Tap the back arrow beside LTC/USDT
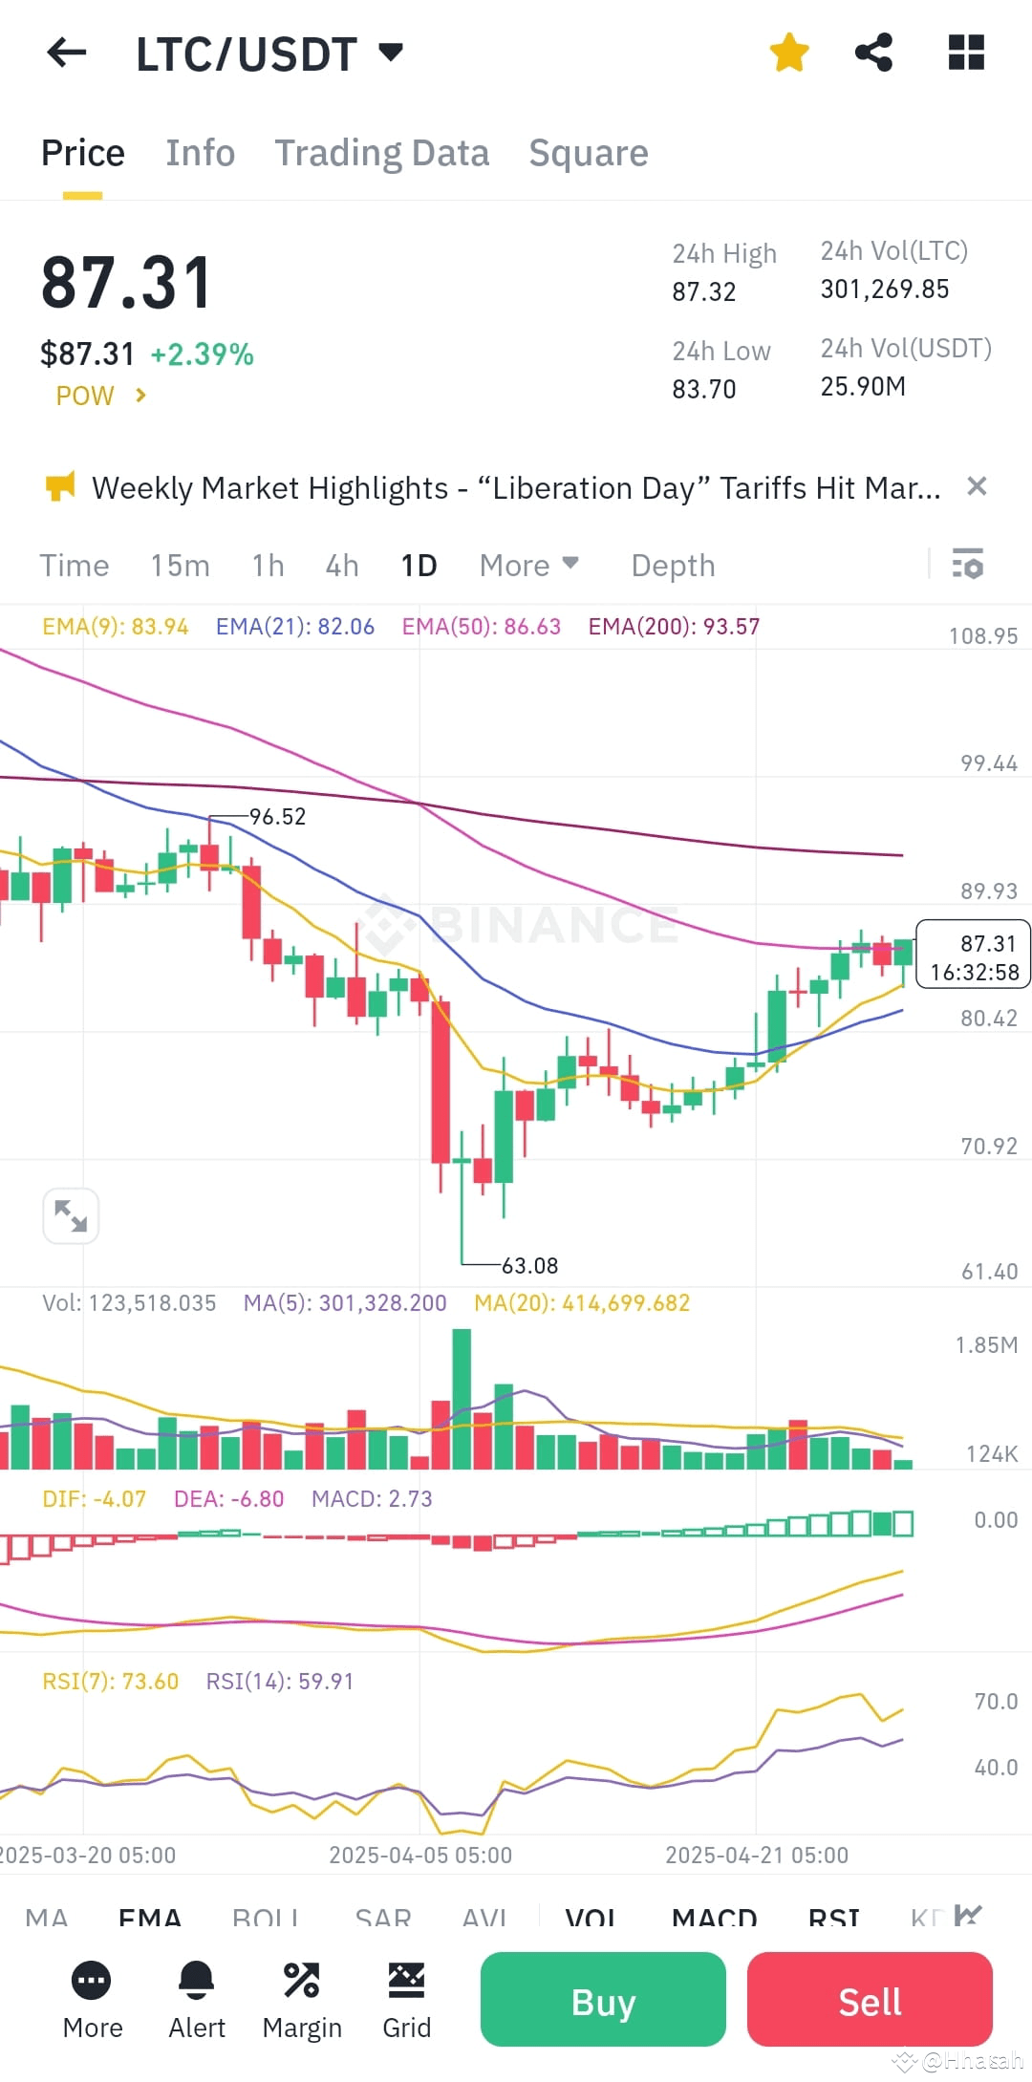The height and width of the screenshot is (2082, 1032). [67, 54]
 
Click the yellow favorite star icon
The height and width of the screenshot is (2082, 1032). [789, 53]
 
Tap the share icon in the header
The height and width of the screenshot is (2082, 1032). [873, 53]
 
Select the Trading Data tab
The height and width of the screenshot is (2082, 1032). [381, 153]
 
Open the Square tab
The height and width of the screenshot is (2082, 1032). [589, 153]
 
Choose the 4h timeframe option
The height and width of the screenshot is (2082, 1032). [341, 566]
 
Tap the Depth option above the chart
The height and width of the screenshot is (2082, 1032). [673, 566]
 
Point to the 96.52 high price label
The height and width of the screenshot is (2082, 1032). [277, 817]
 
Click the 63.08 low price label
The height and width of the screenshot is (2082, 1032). [529, 1266]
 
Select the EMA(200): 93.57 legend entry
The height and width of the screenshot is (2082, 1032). [674, 627]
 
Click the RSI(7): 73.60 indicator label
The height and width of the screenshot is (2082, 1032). [111, 1682]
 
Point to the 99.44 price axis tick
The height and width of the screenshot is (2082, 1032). [988, 763]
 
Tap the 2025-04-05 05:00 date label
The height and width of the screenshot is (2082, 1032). [420, 1856]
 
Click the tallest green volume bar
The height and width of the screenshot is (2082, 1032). [462, 1400]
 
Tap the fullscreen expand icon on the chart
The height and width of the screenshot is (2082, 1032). [71, 1216]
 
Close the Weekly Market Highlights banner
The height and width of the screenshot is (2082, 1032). [977, 486]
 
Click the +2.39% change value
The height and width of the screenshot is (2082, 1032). [202, 354]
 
